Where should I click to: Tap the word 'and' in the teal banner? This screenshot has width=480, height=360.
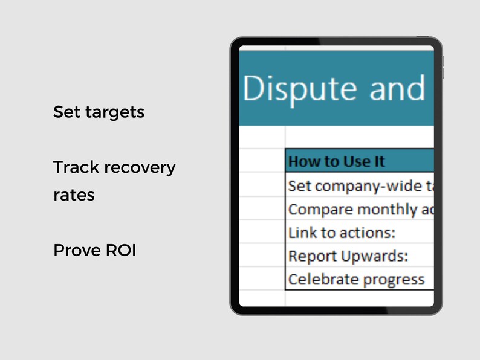coord(398,89)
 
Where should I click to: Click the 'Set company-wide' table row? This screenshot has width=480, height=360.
coord(360,185)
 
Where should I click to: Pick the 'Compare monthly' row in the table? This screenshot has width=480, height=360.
coord(360,209)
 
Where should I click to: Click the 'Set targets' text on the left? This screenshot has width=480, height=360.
coord(99,112)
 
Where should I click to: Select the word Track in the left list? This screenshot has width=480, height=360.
coord(73,167)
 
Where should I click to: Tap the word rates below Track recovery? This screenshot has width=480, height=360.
coord(74,196)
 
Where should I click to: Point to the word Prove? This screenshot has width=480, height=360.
coord(76,250)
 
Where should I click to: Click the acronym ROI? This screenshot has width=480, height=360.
coord(120,250)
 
